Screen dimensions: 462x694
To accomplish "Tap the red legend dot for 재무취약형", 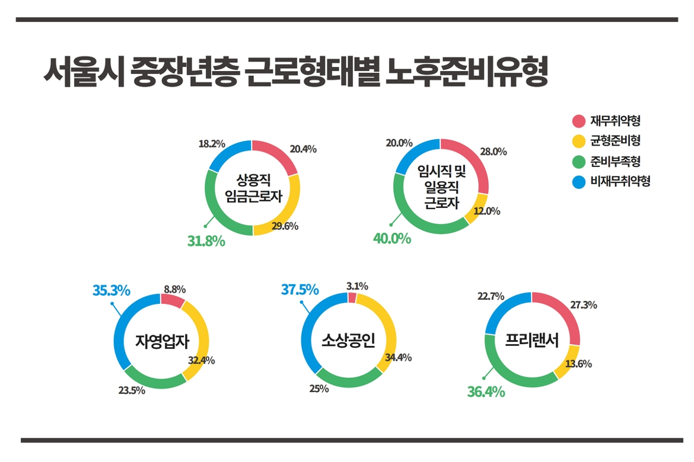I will [x=578, y=121].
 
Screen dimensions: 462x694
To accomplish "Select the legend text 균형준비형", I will [x=615, y=141].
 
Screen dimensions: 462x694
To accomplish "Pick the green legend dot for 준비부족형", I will [x=578, y=161].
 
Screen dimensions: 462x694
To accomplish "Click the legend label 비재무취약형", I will [x=620, y=181].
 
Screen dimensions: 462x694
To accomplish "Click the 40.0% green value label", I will [x=391, y=239].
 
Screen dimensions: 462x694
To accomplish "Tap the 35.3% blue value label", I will [x=111, y=290].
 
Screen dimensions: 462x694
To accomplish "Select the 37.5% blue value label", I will [x=300, y=290].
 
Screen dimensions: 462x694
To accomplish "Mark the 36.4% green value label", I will [x=486, y=392].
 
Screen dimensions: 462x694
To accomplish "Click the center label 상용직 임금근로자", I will [x=252, y=188].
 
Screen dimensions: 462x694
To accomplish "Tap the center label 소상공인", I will [x=348, y=341].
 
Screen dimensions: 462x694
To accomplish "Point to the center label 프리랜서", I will [x=532, y=341].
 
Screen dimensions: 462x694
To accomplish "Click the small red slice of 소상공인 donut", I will [x=352, y=297].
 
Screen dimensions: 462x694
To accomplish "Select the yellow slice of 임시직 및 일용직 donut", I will [x=476, y=211].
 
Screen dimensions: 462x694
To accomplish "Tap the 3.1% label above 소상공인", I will [x=357, y=286].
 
